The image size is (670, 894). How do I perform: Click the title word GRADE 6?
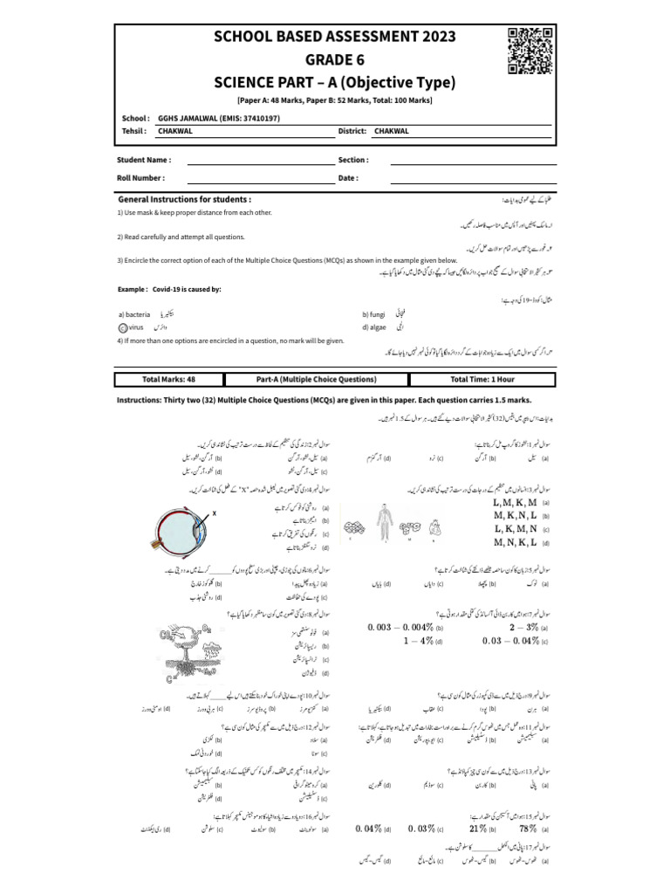pyautogui.click(x=335, y=60)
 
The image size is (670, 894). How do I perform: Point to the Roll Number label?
pyautogui.click(x=141, y=177)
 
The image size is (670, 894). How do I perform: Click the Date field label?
pyautogui.click(x=348, y=177)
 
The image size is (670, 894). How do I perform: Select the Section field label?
pyautogui.click(x=353, y=161)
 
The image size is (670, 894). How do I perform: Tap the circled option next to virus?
pyautogui.click(x=121, y=328)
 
